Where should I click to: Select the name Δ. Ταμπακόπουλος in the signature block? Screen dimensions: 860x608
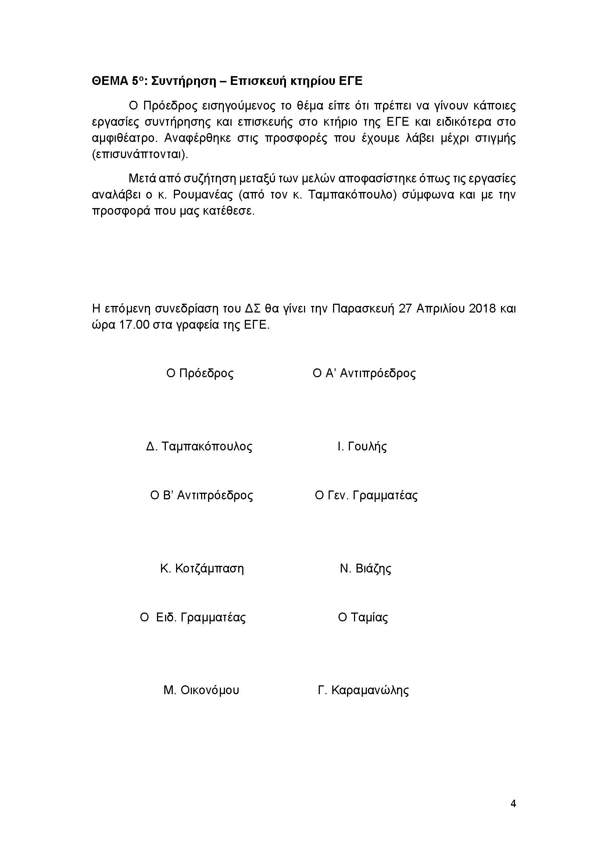[199, 446]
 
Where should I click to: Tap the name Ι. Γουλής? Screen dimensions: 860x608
[362, 446]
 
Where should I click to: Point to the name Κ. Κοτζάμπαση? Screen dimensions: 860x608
[202, 568]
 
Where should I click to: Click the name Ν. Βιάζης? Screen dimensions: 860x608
[365, 568]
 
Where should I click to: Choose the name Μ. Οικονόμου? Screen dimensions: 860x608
[201, 690]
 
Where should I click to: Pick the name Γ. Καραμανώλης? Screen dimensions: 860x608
[363, 690]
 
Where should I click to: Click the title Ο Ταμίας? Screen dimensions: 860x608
[363, 617]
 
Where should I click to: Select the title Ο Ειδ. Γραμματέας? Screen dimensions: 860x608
[193, 617]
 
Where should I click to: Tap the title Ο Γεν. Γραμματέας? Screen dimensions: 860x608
[366, 496]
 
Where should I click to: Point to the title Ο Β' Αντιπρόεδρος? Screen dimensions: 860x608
[201, 496]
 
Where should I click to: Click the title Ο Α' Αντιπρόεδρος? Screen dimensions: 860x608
[364, 374]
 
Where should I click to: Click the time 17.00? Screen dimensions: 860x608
[134, 325]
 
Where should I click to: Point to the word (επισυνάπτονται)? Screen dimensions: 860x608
[140, 155]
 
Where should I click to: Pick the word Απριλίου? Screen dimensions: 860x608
[435, 309]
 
